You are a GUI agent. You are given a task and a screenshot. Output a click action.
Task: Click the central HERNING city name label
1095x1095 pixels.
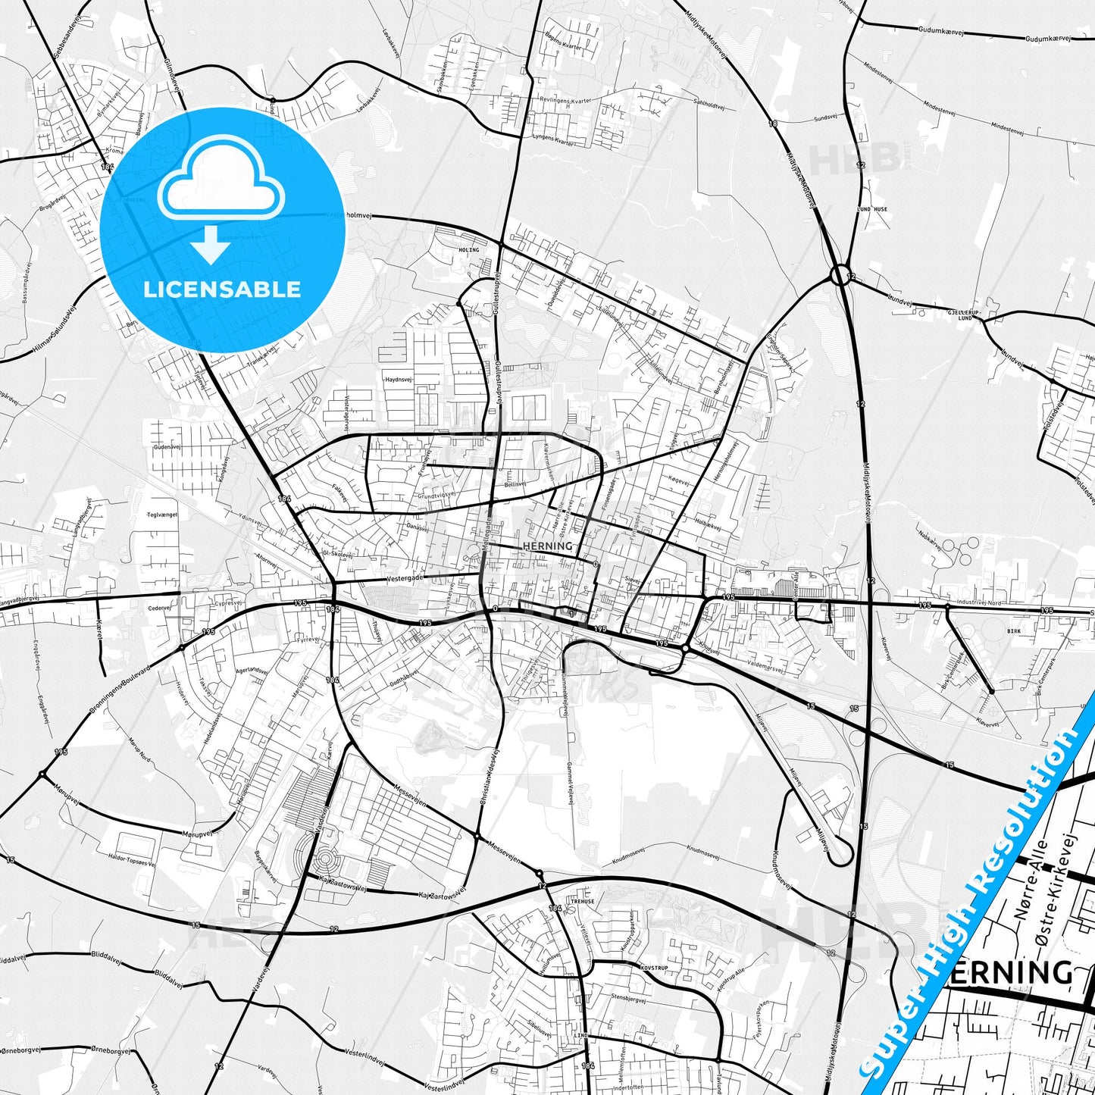coord(548,546)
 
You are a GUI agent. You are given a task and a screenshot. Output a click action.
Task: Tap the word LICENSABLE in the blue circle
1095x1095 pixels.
coord(222,289)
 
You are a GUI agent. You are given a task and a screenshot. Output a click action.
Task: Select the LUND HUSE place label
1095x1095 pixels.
coord(872,209)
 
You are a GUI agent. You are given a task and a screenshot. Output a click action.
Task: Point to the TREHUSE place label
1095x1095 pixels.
coord(583,902)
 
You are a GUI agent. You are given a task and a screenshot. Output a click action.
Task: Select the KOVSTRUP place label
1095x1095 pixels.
coord(654,968)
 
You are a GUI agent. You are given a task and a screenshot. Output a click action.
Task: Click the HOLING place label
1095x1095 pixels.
coord(469,249)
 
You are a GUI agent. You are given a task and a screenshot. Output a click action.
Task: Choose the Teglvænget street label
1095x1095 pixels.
coord(163,514)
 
